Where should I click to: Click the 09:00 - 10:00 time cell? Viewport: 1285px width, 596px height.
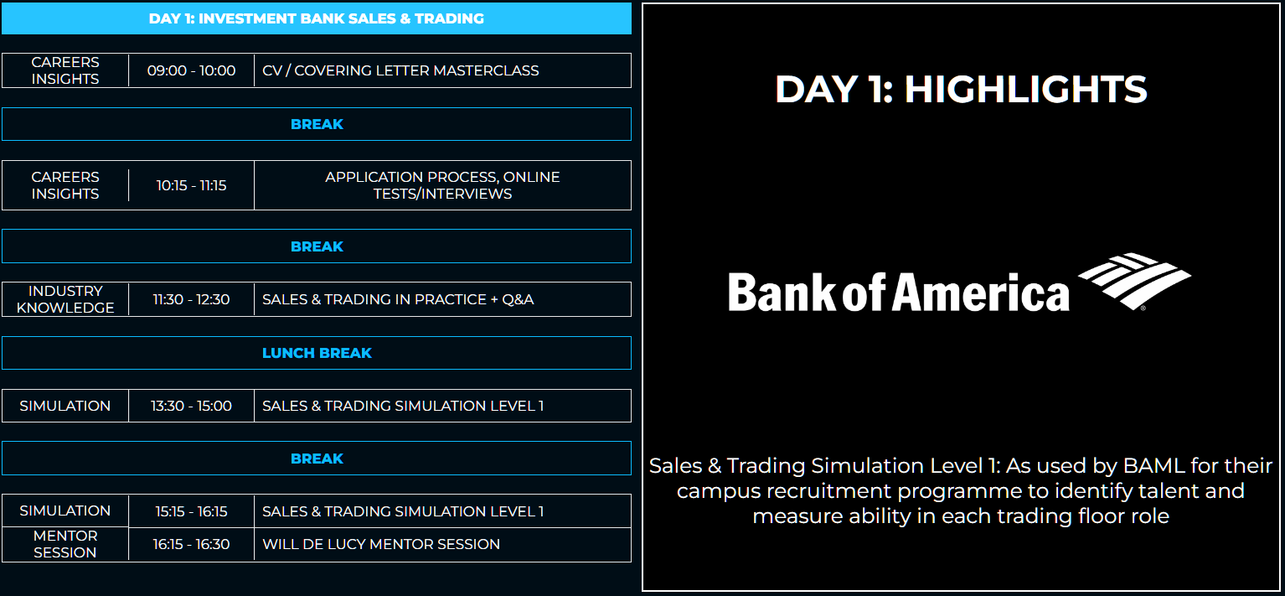click(x=191, y=70)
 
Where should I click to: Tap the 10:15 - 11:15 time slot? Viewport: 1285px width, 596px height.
click(x=191, y=185)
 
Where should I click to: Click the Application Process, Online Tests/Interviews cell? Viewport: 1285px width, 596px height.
click(x=442, y=185)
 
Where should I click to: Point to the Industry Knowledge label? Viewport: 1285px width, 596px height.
click(x=65, y=299)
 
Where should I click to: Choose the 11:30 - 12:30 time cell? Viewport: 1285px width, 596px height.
click(x=191, y=299)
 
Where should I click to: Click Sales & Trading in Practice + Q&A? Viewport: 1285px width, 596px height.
click(x=398, y=299)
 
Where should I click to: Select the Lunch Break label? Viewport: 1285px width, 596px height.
click(x=317, y=353)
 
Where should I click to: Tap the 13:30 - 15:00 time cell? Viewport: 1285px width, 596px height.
click(x=191, y=406)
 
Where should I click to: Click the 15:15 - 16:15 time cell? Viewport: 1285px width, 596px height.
click(x=191, y=511)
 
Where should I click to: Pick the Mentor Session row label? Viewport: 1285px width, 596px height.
click(x=65, y=544)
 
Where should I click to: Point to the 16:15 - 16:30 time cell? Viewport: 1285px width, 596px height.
click(x=191, y=544)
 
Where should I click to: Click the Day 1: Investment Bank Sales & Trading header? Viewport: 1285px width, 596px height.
click(x=316, y=18)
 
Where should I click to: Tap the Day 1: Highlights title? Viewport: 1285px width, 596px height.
click(x=961, y=90)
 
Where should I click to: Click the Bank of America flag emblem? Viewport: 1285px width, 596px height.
click(x=1134, y=282)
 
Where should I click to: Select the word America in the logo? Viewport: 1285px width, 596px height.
click(x=981, y=293)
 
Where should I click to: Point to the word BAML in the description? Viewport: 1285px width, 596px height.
click(x=1153, y=466)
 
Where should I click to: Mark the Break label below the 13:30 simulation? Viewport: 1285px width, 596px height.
click(x=317, y=459)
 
